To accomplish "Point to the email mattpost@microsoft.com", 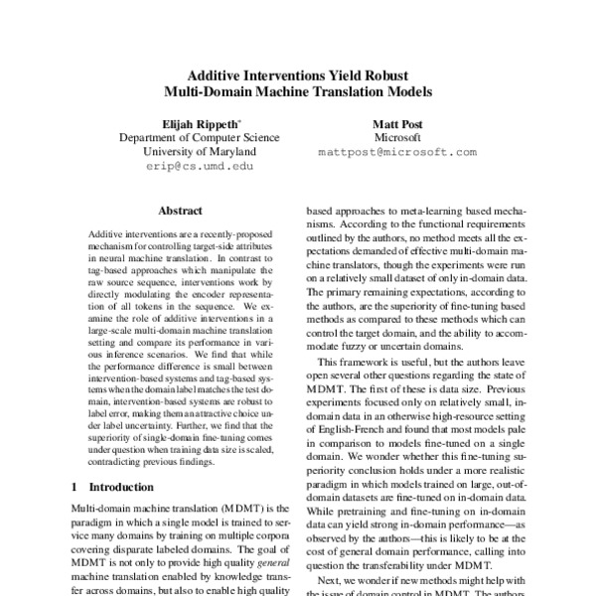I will tap(397, 153).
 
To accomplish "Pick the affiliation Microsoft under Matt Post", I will tap(397, 137).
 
